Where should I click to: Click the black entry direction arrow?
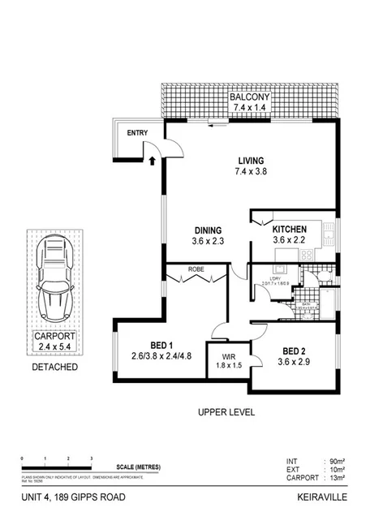tap(152, 161)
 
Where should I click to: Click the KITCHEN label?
tap(289, 229)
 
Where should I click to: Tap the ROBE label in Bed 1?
tap(196, 269)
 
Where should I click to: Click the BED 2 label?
tap(295, 351)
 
